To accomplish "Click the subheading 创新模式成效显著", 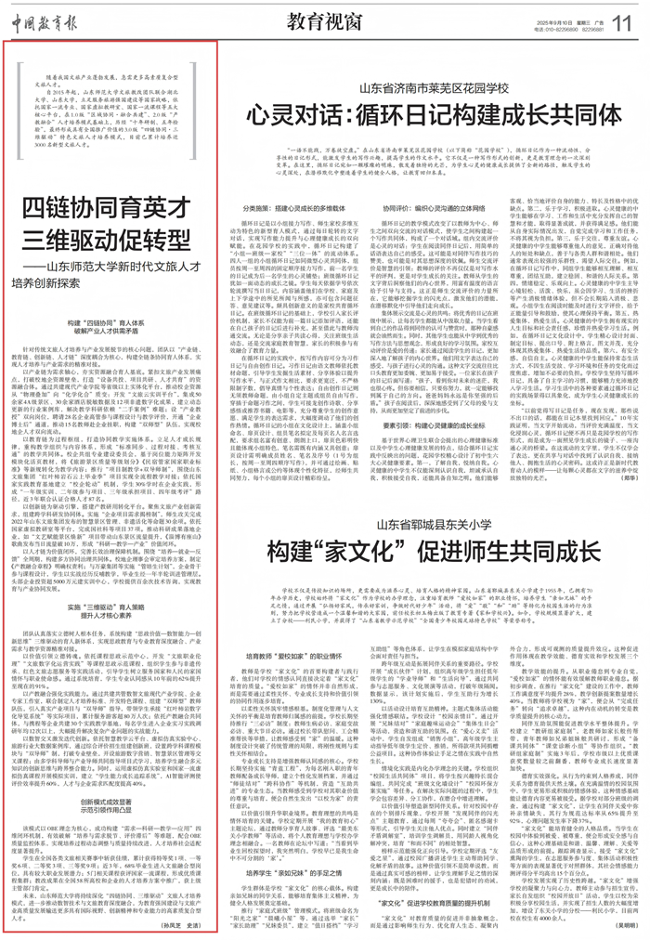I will click(111, 771).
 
